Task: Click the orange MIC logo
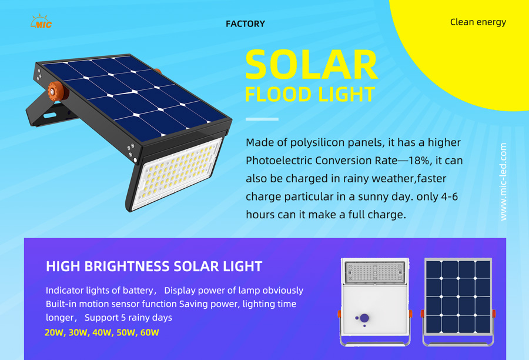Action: click(41, 22)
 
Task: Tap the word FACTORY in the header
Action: click(245, 24)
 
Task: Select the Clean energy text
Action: click(478, 22)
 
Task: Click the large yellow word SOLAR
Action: click(311, 65)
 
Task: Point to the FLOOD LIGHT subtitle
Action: click(310, 94)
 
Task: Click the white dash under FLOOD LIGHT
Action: click(262, 119)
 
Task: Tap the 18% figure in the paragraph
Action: click(419, 161)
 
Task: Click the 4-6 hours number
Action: click(450, 196)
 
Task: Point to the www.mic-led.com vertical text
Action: click(503, 182)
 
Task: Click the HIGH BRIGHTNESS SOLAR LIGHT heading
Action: click(154, 266)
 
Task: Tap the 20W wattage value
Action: click(54, 332)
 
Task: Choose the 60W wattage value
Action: click(149, 332)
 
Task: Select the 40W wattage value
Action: click(102, 332)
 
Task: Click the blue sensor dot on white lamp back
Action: click(364, 318)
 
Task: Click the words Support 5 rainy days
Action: click(128, 318)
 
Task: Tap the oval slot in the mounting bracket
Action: click(50, 115)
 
